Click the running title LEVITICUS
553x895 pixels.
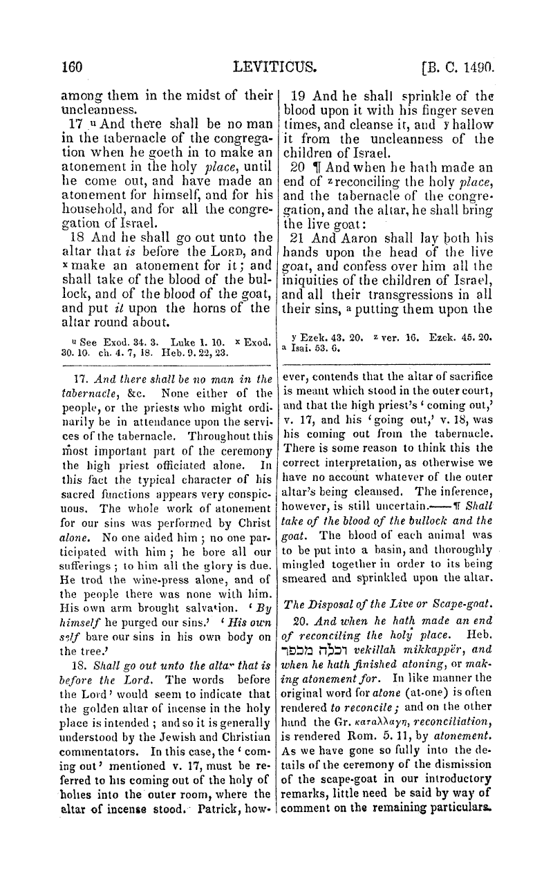point(276,67)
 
